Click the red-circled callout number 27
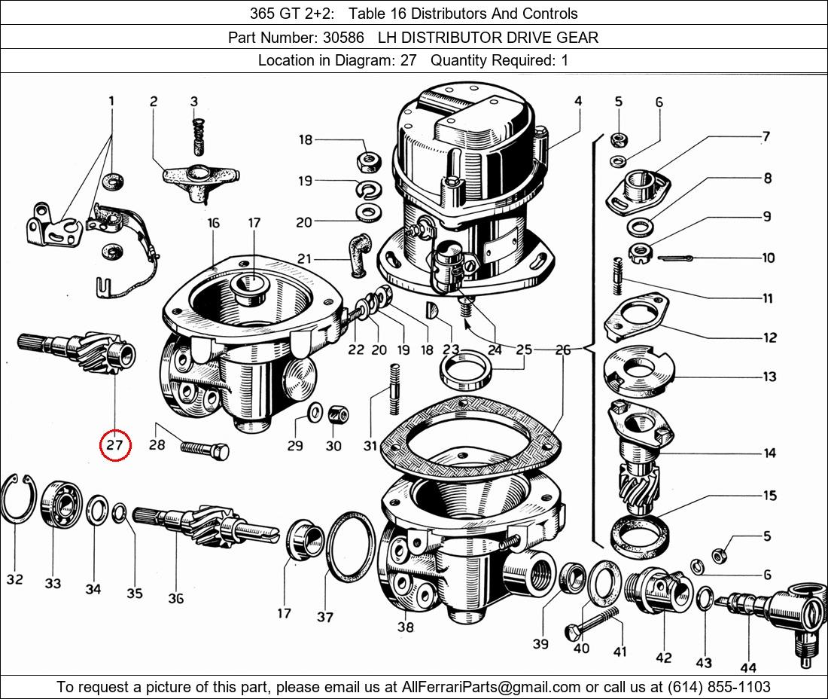point(114,444)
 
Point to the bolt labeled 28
point(205,450)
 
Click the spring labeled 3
point(198,137)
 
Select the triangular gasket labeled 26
point(471,433)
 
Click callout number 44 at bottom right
point(748,667)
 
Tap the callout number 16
point(213,223)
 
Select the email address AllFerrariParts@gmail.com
point(491,687)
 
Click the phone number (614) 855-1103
point(719,687)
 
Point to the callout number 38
point(406,627)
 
